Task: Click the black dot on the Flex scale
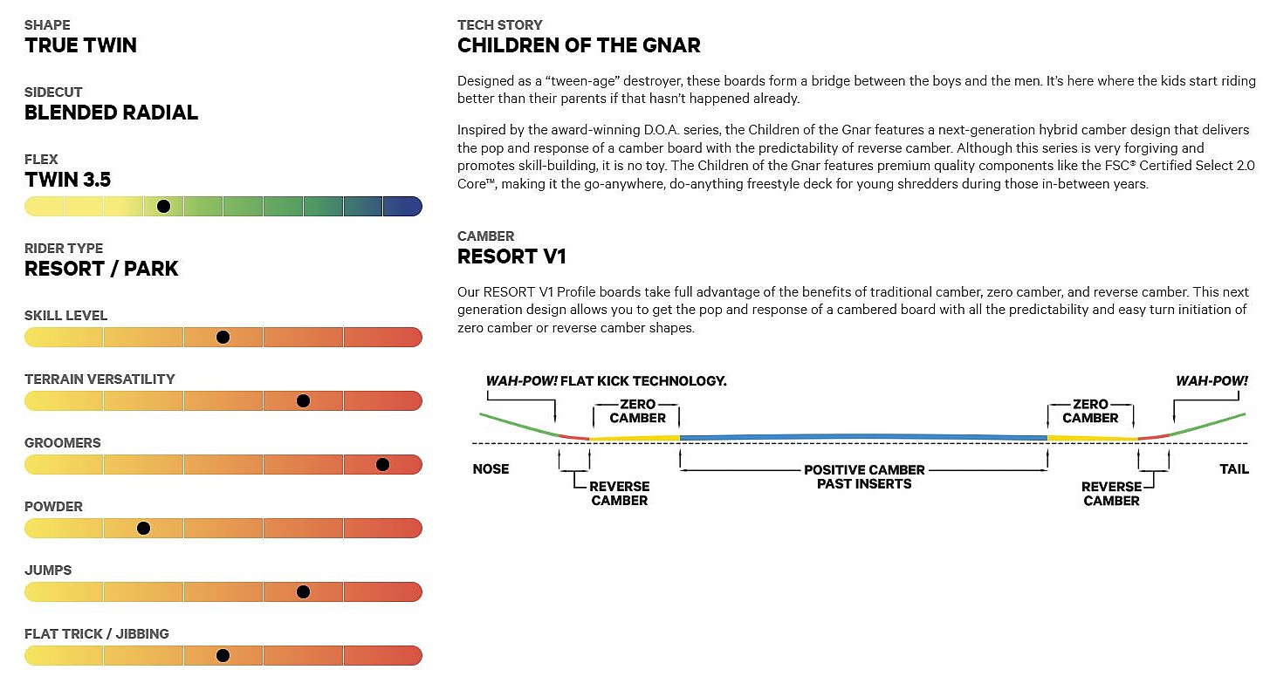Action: pyautogui.click(x=163, y=206)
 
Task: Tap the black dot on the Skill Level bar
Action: pyautogui.click(x=223, y=337)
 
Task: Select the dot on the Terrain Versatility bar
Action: pyautogui.click(x=303, y=400)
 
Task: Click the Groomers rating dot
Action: pyautogui.click(x=382, y=464)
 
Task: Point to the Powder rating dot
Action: pyautogui.click(x=143, y=528)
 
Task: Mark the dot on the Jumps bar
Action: pyautogui.click(x=303, y=591)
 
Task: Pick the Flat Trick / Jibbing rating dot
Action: pyautogui.click(x=223, y=655)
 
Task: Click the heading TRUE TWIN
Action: pyautogui.click(x=80, y=45)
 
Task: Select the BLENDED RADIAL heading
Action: pyautogui.click(x=111, y=113)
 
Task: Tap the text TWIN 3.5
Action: pyautogui.click(x=68, y=180)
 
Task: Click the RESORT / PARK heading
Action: pyautogui.click(x=101, y=269)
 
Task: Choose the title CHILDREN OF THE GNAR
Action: pyautogui.click(x=579, y=45)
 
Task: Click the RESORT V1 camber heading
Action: pyautogui.click(x=511, y=256)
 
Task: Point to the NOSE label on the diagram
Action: pyautogui.click(x=491, y=468)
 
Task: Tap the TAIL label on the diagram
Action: pyautogui.click(x=1233, y=468)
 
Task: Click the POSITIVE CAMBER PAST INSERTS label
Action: pyautogui.click(x=864, y=476)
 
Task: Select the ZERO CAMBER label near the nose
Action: pyautogui.click(x=638, y=412)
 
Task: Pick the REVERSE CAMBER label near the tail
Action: pyautogui.click(x=1111, y=494)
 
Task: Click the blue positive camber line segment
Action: pyautogui.click(x=863, y=437)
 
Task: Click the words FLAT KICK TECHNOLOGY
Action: pyautogui.click(x=643, y=381)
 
